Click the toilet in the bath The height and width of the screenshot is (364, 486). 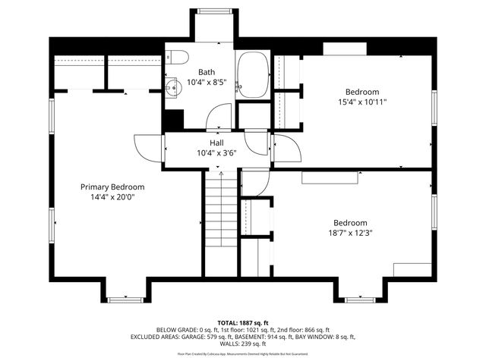pos(176,56)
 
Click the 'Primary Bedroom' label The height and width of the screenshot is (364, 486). pos(112,187)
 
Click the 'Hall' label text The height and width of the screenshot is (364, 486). pos(216,143)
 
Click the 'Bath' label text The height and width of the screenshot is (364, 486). pos(207,72)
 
